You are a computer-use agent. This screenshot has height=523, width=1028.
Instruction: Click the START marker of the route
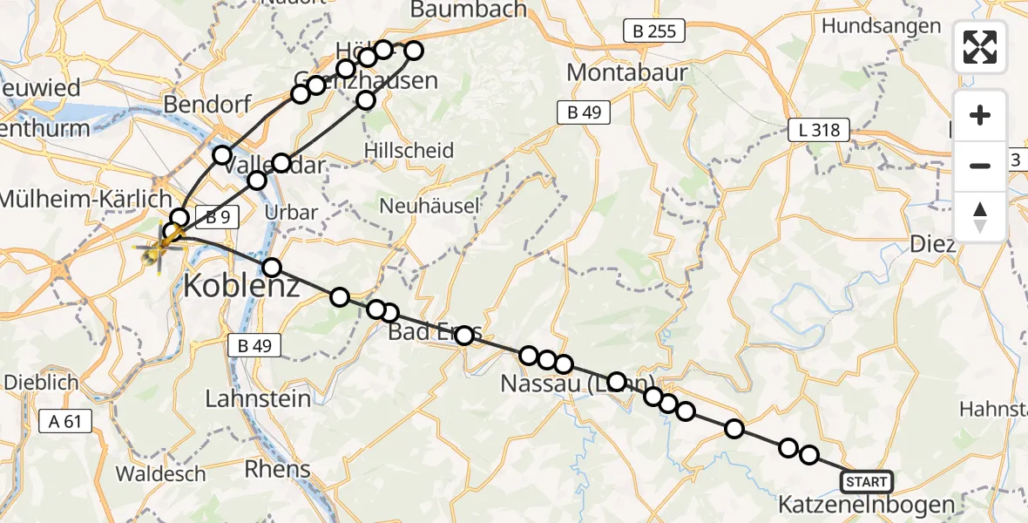[866, 482]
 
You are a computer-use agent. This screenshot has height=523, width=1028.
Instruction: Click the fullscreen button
[980, 47]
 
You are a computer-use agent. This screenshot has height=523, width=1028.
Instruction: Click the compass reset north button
[980, 217]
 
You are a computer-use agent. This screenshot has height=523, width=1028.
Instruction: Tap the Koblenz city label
[241, 284]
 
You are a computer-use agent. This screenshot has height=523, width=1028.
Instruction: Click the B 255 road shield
[654, 32]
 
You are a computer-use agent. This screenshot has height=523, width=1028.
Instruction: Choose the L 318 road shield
[818, 131]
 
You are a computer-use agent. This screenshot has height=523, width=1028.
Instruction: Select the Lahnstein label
[258, 399]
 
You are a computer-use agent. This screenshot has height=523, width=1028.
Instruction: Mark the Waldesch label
[161, 474]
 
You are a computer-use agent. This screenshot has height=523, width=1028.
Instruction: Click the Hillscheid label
[417, 151]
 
